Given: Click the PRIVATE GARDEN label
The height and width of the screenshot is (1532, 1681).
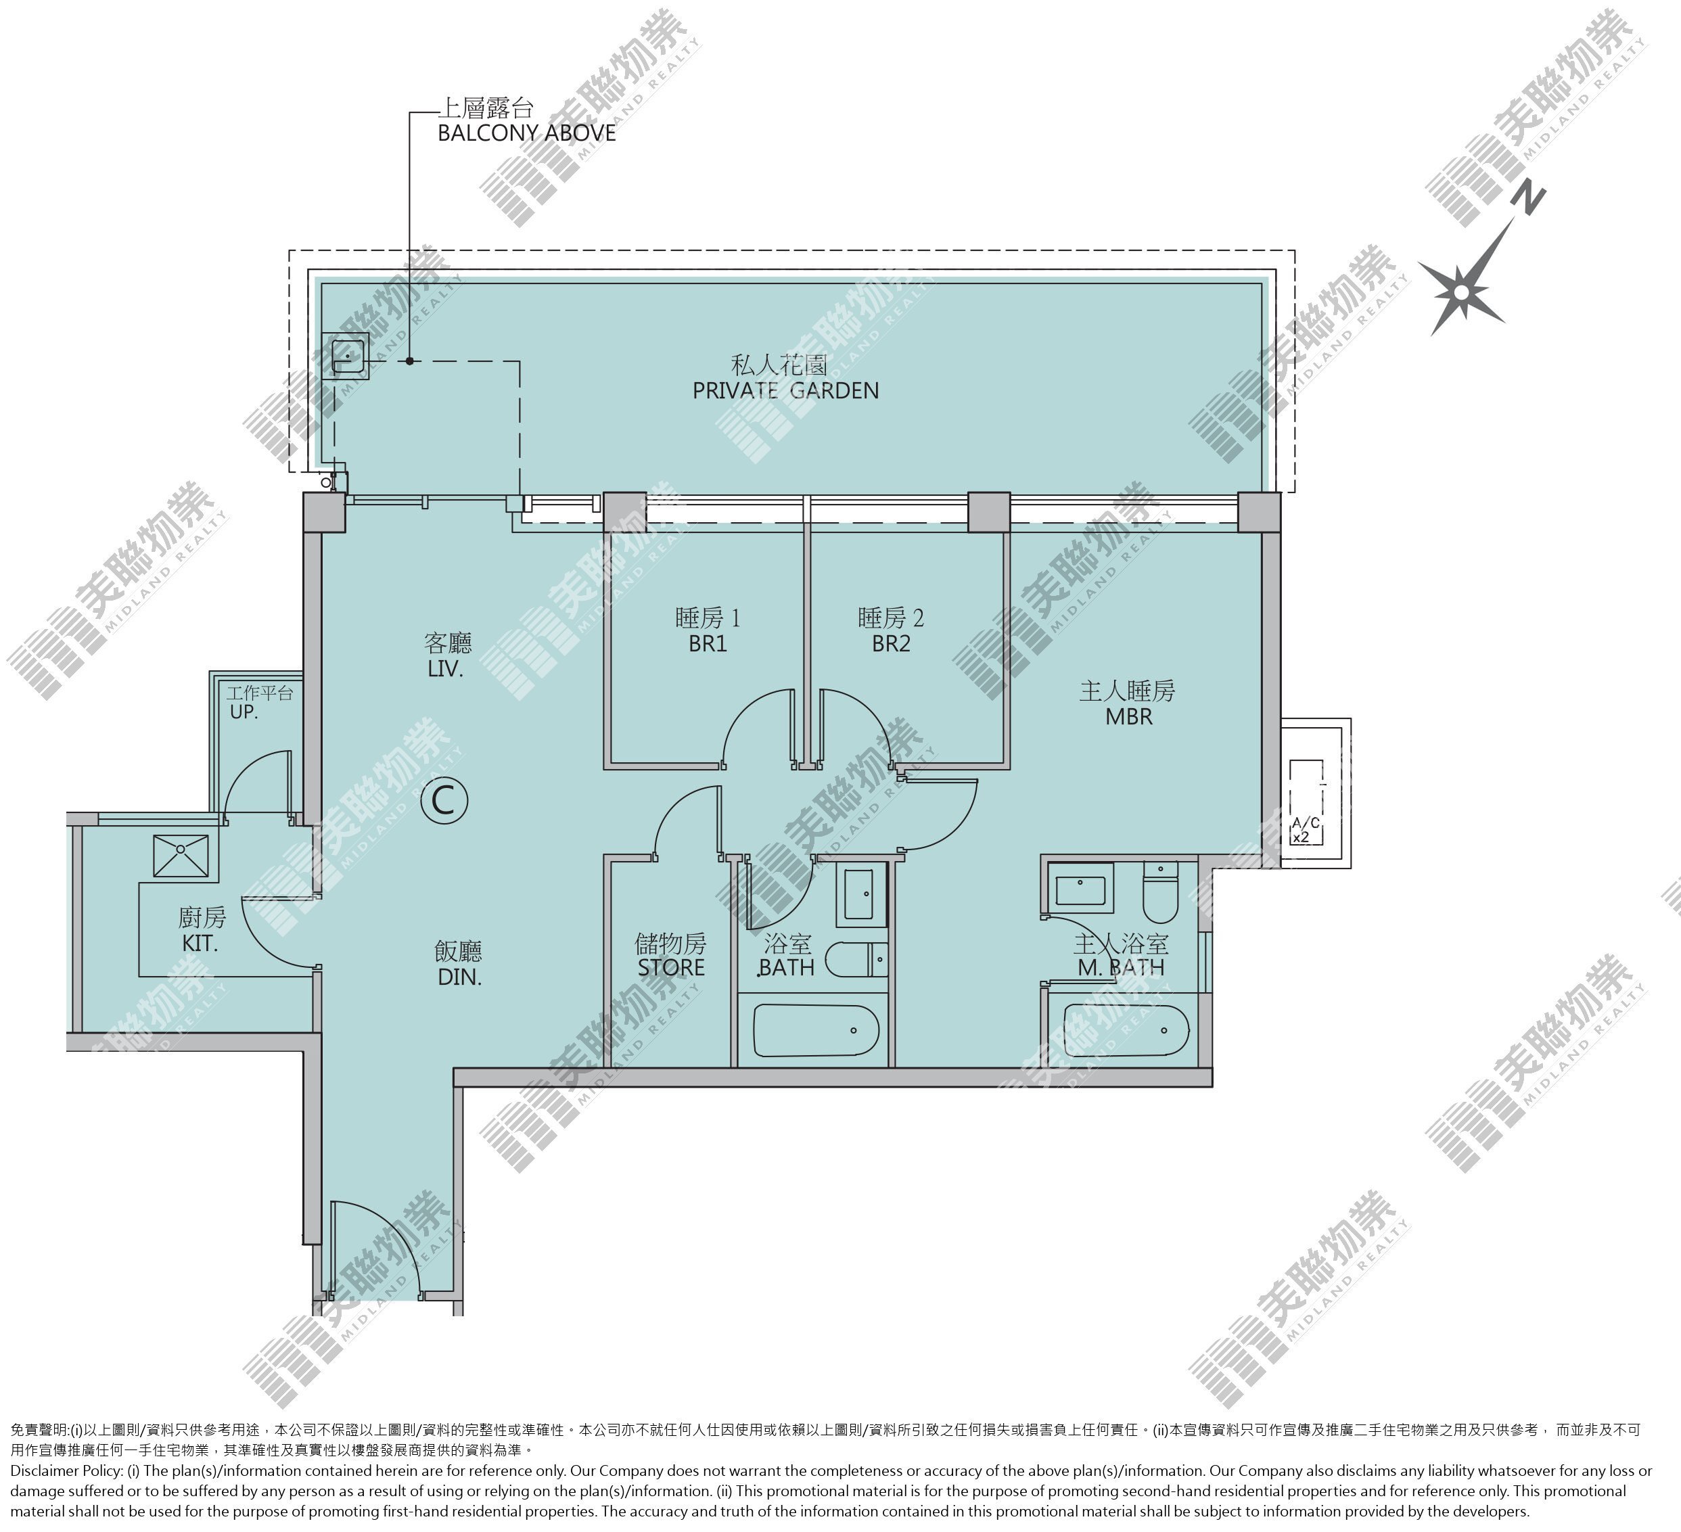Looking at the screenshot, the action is tap(785, 390).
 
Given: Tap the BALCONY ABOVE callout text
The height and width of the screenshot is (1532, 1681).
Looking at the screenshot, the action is tap(527, 133).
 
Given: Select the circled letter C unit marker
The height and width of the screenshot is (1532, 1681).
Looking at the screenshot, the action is tap(444, 801).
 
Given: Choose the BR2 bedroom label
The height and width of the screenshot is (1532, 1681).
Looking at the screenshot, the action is tap(890, 643).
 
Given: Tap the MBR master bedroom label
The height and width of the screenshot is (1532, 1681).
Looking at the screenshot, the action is tap(1129, 717).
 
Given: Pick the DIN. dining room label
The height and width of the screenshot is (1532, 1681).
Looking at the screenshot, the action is tap(459, 977).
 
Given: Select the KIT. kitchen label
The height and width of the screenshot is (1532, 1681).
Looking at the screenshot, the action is tap(200, 944).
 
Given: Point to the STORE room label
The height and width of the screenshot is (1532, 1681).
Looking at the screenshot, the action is tap(671, 968).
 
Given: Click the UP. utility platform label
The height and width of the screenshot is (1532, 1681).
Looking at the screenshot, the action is tap(244, 713).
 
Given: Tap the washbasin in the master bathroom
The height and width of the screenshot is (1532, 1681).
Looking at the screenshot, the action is tap(1081, 887).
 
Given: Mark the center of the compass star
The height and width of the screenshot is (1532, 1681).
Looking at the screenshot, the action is tap(1461, 292).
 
